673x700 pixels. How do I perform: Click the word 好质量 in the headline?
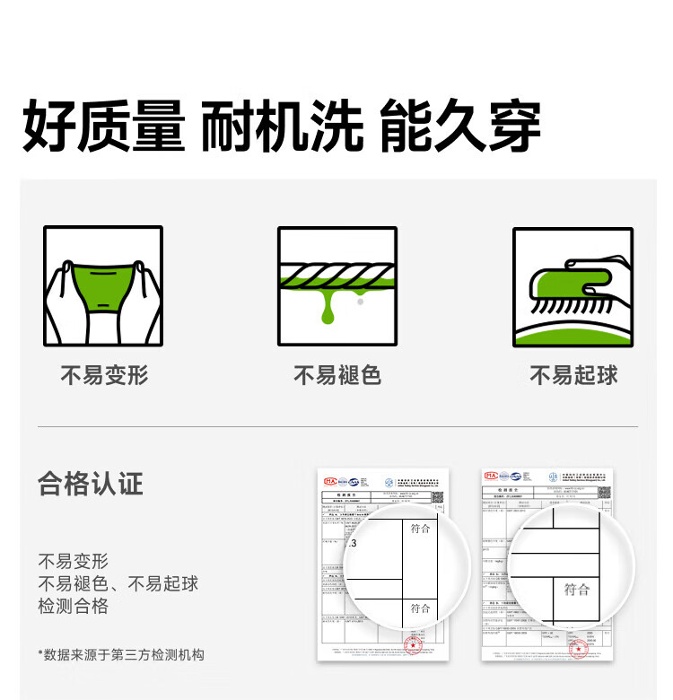(x=103, y=128)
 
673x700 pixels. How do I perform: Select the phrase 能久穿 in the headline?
(x=459, y=128)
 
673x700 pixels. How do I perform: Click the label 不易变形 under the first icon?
(x=104, y=375)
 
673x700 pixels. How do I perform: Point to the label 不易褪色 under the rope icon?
(x=337, y=375)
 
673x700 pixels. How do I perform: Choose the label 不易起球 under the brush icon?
(x=573, y=375)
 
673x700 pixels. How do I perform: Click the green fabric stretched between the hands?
(x=103, y=285)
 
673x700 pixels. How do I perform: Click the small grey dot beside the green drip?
(x=360, y=303)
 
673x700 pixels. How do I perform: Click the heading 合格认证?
(x=91, y=485)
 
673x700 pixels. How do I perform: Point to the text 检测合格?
(x=74, y=606)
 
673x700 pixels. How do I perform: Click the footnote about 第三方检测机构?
(x=121, y=654)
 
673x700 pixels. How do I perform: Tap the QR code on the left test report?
(x=438, y=495)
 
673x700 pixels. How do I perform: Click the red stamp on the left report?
(x=414, y=645)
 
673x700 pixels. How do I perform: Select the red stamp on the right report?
(x=579, y=647)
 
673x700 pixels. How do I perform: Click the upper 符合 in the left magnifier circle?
(x=420, y=529)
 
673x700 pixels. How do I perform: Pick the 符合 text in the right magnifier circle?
(x=576, y=590)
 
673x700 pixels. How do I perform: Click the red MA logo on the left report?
(x=330, y=482)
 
